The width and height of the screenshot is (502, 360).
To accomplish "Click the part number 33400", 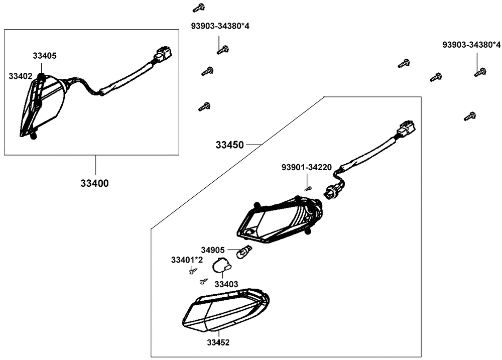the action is [x=94, y=183].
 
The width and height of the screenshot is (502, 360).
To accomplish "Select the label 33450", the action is [x=229, y=145].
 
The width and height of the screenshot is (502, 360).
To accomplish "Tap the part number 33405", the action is [x=45, y=56].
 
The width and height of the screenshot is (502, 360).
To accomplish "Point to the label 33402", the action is [x=21, y=76].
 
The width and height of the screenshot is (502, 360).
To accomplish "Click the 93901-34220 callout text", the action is [x=307, y=167].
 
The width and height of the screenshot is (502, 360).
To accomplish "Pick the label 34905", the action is [x=213, y=250].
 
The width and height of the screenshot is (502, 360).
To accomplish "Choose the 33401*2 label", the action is [x=187, y=260].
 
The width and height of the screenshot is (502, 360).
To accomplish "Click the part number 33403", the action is [x=226, y=284].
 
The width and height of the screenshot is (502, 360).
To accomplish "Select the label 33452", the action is [x=218, y=342].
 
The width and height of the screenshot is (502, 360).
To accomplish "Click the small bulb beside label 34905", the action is [x=244, y=252].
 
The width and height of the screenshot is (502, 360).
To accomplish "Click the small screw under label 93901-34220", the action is [x=308, y=189].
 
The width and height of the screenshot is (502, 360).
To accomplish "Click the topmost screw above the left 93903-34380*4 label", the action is [x=199, y=8].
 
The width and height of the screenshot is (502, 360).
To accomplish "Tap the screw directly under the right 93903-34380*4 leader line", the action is [x=480, y=72].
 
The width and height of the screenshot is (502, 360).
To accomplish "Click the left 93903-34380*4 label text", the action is [x=220, y=26].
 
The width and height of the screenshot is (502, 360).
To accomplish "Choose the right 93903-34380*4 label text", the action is [x=471, y=45].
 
